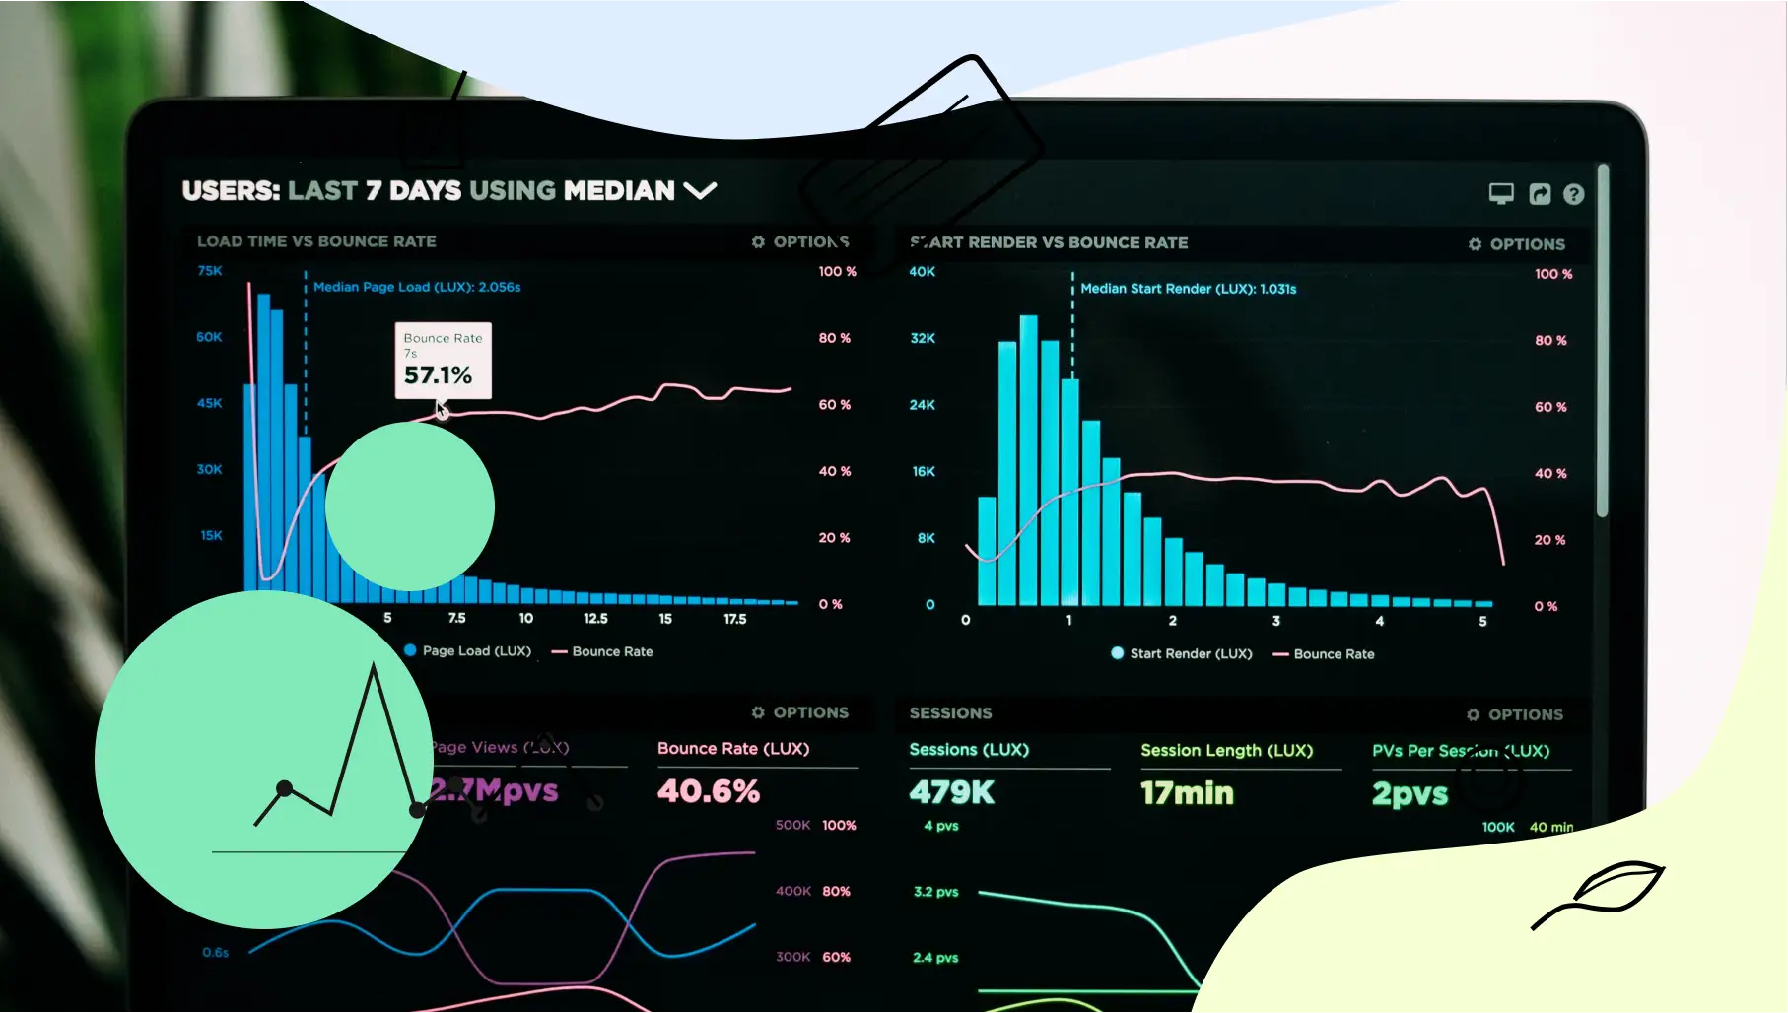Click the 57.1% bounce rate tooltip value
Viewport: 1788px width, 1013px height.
click(438, 375)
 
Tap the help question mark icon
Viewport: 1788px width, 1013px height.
click(1573, 194)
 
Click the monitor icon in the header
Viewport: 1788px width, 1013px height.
click(1500, 193)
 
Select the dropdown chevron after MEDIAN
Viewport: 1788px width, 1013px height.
click(700, 190)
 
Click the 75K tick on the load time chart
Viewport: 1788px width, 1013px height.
click(210, 271)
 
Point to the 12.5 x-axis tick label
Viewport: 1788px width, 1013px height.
click(595, 619)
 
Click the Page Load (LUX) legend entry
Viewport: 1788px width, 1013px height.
click(468, 651)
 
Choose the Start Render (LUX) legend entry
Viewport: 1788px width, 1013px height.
click(1182, 653)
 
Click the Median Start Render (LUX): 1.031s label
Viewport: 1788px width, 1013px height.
click(1188, 289)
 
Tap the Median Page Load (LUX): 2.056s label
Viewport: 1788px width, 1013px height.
click(417, 287)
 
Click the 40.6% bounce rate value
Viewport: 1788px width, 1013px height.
click(709, 791)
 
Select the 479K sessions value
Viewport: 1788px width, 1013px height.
click(951, 792)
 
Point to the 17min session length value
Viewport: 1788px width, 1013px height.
click(1187, 793)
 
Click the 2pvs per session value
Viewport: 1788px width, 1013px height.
click(1410, 794)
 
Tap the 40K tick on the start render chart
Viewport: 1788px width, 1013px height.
click(922, 272)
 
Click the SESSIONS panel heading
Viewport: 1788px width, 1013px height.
click(950, 713)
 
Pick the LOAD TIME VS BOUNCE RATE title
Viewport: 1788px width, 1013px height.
click(316, 241)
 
